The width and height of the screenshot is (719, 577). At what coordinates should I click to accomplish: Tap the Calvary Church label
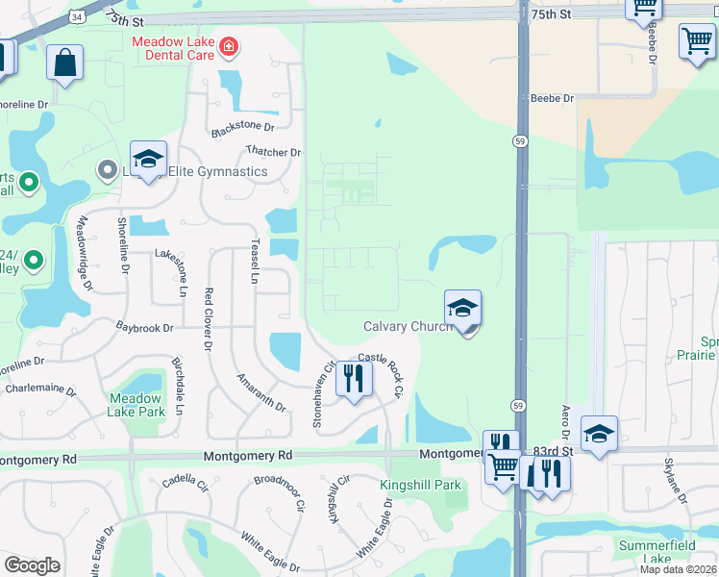point(408,327)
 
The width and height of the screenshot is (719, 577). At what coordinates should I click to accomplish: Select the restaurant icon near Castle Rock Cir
point(354,380)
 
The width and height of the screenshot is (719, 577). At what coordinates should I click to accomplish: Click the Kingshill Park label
point(421,486)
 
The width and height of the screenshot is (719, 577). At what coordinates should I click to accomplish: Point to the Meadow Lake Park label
point(136,405)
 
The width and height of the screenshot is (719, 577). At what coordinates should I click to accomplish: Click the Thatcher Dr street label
point(273,152)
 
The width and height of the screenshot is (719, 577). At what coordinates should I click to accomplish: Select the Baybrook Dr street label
point(144,328)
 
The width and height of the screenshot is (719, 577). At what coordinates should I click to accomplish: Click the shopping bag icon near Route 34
point(65,63)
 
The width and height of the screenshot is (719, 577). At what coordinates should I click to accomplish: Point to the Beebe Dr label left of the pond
point(552,98)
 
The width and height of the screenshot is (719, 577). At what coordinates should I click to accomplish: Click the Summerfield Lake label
point(657,552)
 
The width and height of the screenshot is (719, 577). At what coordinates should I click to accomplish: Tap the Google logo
point(32,565)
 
